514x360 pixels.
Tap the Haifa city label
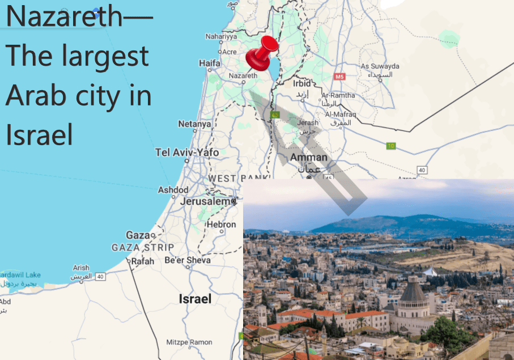click(x=210, y=63)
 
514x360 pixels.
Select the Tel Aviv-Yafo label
click(x=187, y=152)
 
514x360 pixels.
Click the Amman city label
click(x=308, y=157)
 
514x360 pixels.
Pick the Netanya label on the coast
click(x=194, y=124)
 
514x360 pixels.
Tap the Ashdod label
click(x=173, y=189)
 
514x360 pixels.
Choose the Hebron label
click(x=221, y=225)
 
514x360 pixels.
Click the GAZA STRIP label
click(x=143, y=248)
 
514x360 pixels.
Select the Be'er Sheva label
click(x=187, y=260)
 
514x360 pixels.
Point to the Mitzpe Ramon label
click(x=189, y=342)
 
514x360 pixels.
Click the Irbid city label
click(x=302, y=83)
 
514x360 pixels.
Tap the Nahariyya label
click(x=221, y=36)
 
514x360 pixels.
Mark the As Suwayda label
click(x=380, y=66)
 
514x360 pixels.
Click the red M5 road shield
click(x=339, y=76)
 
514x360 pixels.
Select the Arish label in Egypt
click(x=81, y=268)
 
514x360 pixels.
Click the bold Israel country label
click(x=195, y=299)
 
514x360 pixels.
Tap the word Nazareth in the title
click(x=62, y=17)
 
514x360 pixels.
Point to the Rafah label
click(x=142, y=262)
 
